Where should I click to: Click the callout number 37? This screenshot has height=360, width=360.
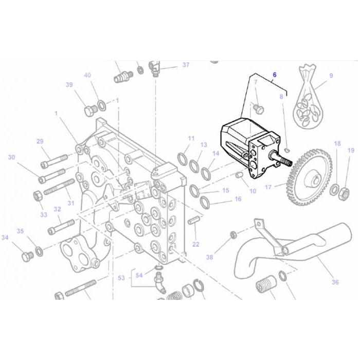pyautogui.click(x=186, y=65)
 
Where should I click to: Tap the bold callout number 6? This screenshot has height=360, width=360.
pyautogui.click(x=275, y=75)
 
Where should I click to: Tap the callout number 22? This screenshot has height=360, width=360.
pyautogui.click(x=195, y=244)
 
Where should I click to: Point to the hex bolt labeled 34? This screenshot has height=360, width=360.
pyautogui.click(x=26, y=255)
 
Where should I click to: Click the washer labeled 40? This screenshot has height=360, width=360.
pyautogui.click(x=102, y=105)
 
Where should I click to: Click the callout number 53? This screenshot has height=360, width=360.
pyautogui.click(x=121, y=278)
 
